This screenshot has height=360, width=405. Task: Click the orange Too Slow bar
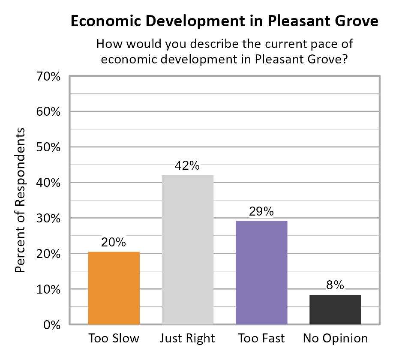click(114, 288)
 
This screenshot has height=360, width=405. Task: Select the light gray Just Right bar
click(187, 249)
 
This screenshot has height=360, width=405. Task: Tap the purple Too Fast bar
click(261, 273)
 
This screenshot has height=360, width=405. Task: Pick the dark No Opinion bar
click(335, 309)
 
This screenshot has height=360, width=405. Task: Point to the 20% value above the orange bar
click(114, 243)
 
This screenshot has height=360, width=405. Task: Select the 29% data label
click(261, 212)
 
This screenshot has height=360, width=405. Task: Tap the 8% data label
click(335, 285)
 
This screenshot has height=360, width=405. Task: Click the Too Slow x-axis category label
click(114, 338)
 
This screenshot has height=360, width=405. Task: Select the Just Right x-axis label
click(187, 338)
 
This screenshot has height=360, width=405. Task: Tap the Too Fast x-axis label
click(261, 338)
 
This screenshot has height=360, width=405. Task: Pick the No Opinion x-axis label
click(335, 338)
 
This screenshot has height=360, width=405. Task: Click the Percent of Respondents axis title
click(21, 200)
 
